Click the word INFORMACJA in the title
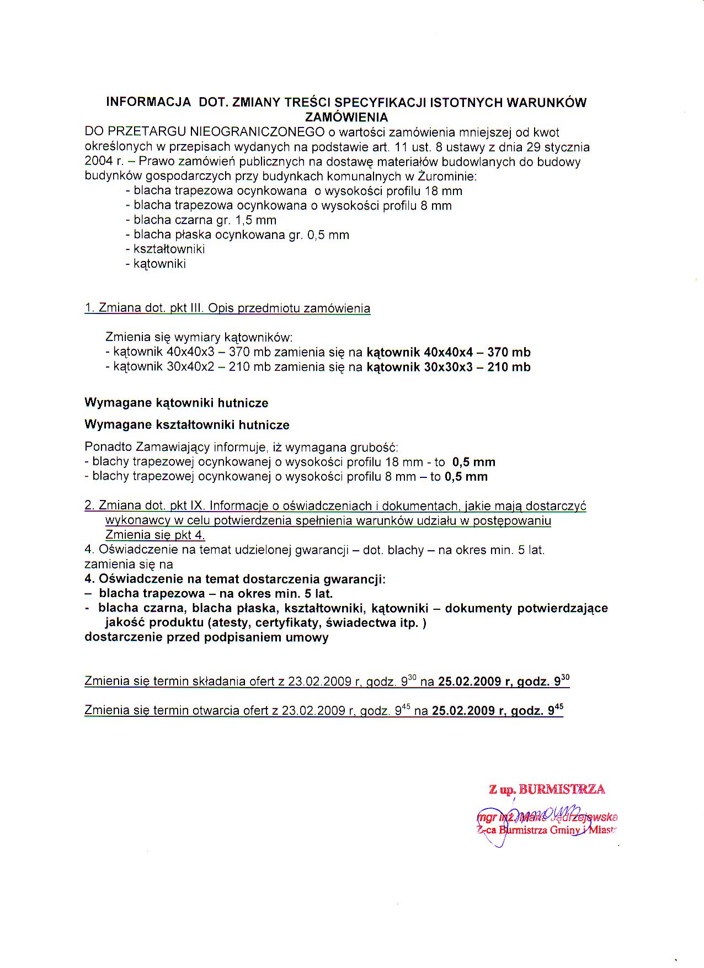(x=148, y=102)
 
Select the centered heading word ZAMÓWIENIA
(x=346, y=117)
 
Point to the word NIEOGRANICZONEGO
(x=257, y=132)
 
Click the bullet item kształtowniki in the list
(x=169, y=249)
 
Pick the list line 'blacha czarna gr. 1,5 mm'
(x=205, y=220)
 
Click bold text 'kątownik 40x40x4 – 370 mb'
(x=449, y=352)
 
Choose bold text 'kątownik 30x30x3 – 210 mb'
(x=449, y=367)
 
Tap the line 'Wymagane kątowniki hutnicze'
(x=176, y=403)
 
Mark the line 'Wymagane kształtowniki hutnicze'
(x=186, y=425)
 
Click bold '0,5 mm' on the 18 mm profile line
(x=473, y=462)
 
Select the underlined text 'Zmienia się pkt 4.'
(x=155, y=535)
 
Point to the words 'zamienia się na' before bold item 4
(x=129, y=564)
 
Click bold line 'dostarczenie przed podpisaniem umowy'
(x=206, y=637)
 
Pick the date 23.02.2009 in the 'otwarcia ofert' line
(x=313, y=711)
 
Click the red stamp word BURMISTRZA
(x=562, y=789)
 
